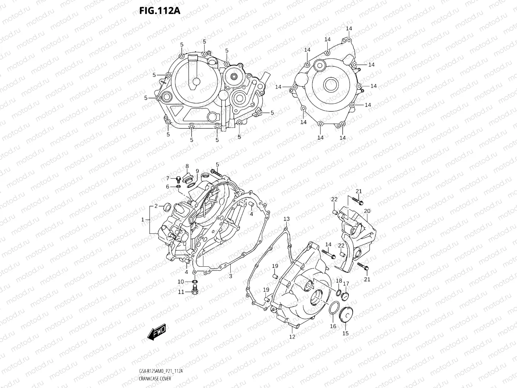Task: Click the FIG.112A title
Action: point(160,11)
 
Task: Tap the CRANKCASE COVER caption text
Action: point(155,379)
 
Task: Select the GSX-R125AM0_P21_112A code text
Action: point(161,371)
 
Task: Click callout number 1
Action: point(143,220)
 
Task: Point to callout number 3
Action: point(230,276)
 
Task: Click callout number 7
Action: point(168,178)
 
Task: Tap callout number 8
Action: point(187,166)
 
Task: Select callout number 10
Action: point(181,282)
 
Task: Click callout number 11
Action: point(181,292)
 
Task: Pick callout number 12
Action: point(292,336)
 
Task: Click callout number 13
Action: point(286,219)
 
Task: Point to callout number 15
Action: point(345,333)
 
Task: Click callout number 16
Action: point(333,326)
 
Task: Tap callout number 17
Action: point(346,284)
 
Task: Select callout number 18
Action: point(339,281)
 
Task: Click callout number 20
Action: point(367,211)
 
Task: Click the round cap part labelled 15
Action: point(345,315)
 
